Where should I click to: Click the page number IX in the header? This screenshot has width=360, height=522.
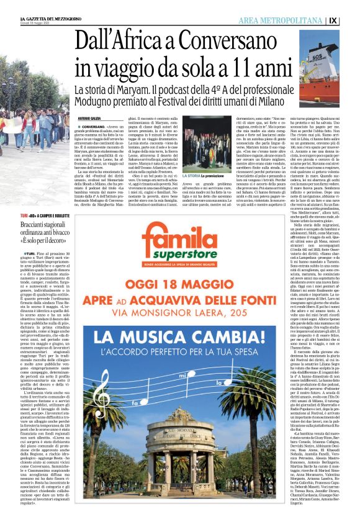point(350,20)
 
